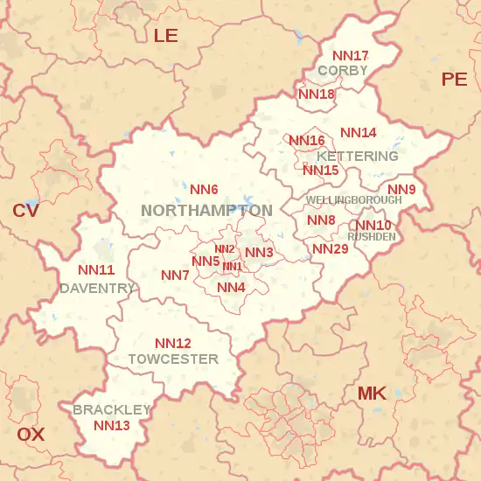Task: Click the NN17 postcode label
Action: (x=350, y=56)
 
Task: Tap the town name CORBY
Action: (x=343, y=70)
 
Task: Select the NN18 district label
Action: (x=316, y=94)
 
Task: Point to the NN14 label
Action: (x=359, y=133)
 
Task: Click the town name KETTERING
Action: (x=364, y=156)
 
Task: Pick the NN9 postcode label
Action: (x=401, y=190)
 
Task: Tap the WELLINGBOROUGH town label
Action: (x=353, y=200)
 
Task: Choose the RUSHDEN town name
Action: (x=371, y=236)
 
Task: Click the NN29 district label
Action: (x=331, y=249)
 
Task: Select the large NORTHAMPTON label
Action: (x=206, y=210)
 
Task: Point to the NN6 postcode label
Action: (x=204, y=189)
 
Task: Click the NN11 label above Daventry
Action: (x=96, y=270)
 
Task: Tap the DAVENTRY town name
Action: (x=97, y=288)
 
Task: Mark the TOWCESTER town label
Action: (x=173, y=359)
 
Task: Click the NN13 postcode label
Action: (x=112, y=426)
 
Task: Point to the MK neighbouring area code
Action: (x=372, y=394)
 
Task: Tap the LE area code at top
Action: (x=165, y=35)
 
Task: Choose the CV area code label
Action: (x=25, y=211)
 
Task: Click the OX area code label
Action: (x=31, y=434)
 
